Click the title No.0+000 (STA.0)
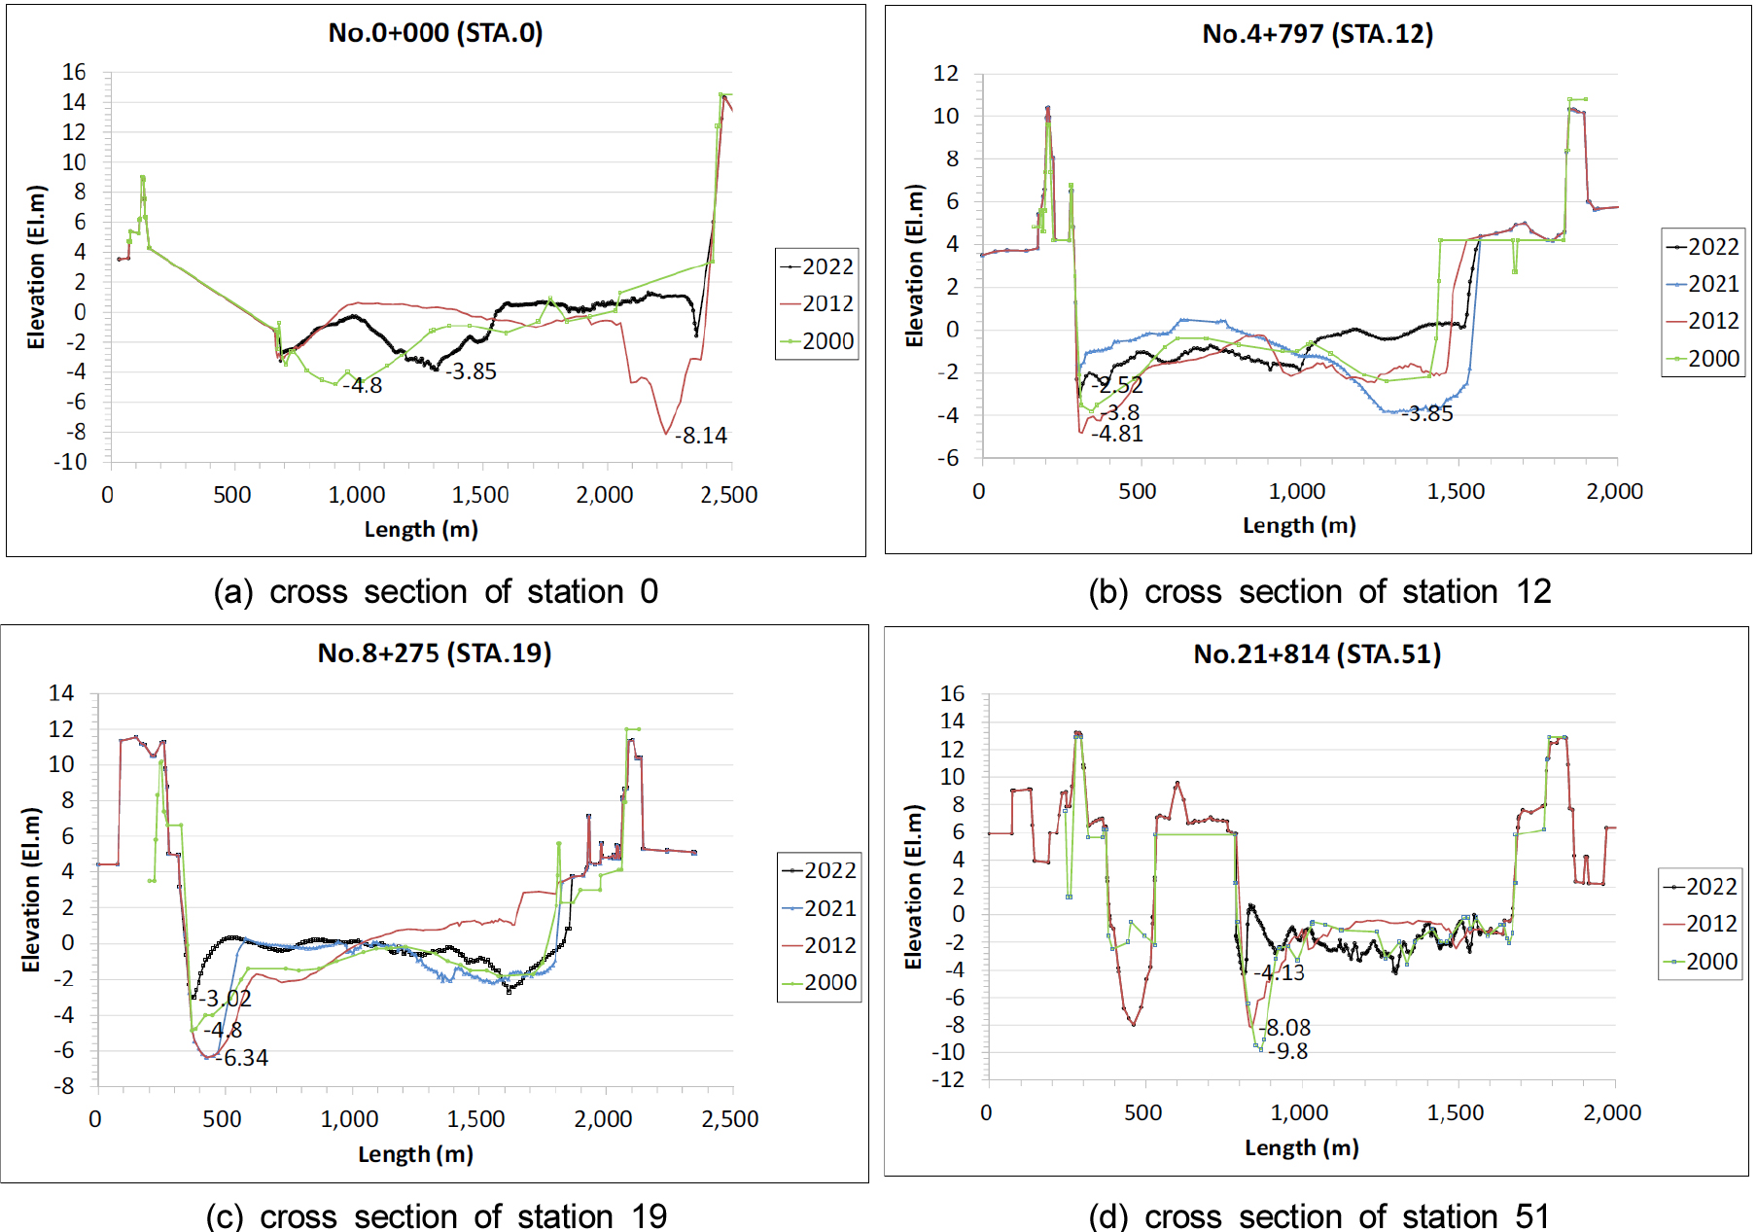click(x=436, y=33)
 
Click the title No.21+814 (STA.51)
click(x=1317, y=654)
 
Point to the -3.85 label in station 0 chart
click(x=473, y=371)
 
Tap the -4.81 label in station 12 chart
click(x=1118, y=435)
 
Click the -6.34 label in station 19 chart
click(x=245, y=1058)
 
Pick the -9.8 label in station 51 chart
click(x=1289, y=1051)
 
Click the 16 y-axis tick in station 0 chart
click(x=74, y=72)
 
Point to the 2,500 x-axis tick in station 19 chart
click(x=730, y=1119)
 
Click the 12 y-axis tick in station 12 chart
click(x=946, y=74)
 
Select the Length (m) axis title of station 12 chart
click(x=1299, y=526)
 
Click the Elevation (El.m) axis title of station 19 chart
click(x=31, y=890)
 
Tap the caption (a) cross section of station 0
click(x=436, y=591)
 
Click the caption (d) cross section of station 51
click(x=1318, y=1215)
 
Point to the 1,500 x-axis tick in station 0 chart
click(x=480, y=495)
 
